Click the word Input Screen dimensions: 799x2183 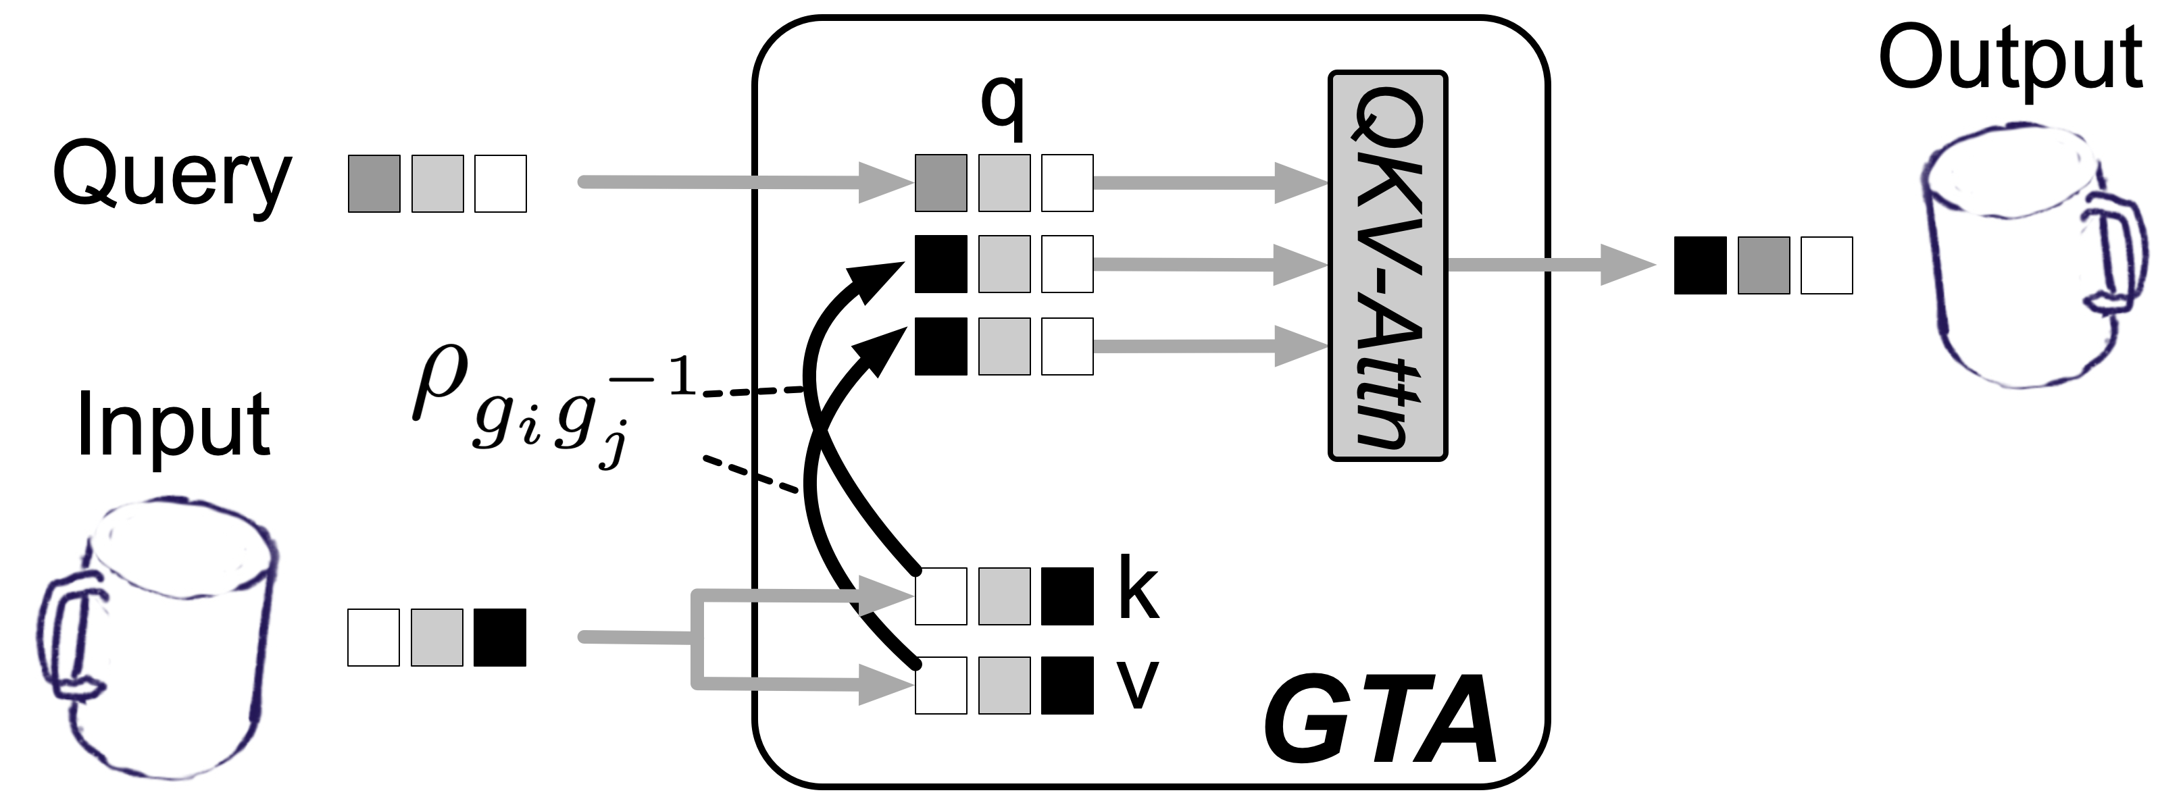tap(174, 426)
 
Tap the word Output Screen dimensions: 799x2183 tap(2010, 59)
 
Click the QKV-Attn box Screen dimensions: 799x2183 tap(1387, 265)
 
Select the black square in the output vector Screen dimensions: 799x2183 tap(1700, 265)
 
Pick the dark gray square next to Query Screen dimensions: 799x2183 tap(374, 183)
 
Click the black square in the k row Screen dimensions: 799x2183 tap(1067, 596)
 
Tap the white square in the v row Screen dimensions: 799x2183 tap(940, 686)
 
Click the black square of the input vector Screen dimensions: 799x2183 tap(500, 637)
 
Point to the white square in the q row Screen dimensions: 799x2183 tap(1067, 183)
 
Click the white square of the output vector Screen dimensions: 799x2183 tap(1826, 265)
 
